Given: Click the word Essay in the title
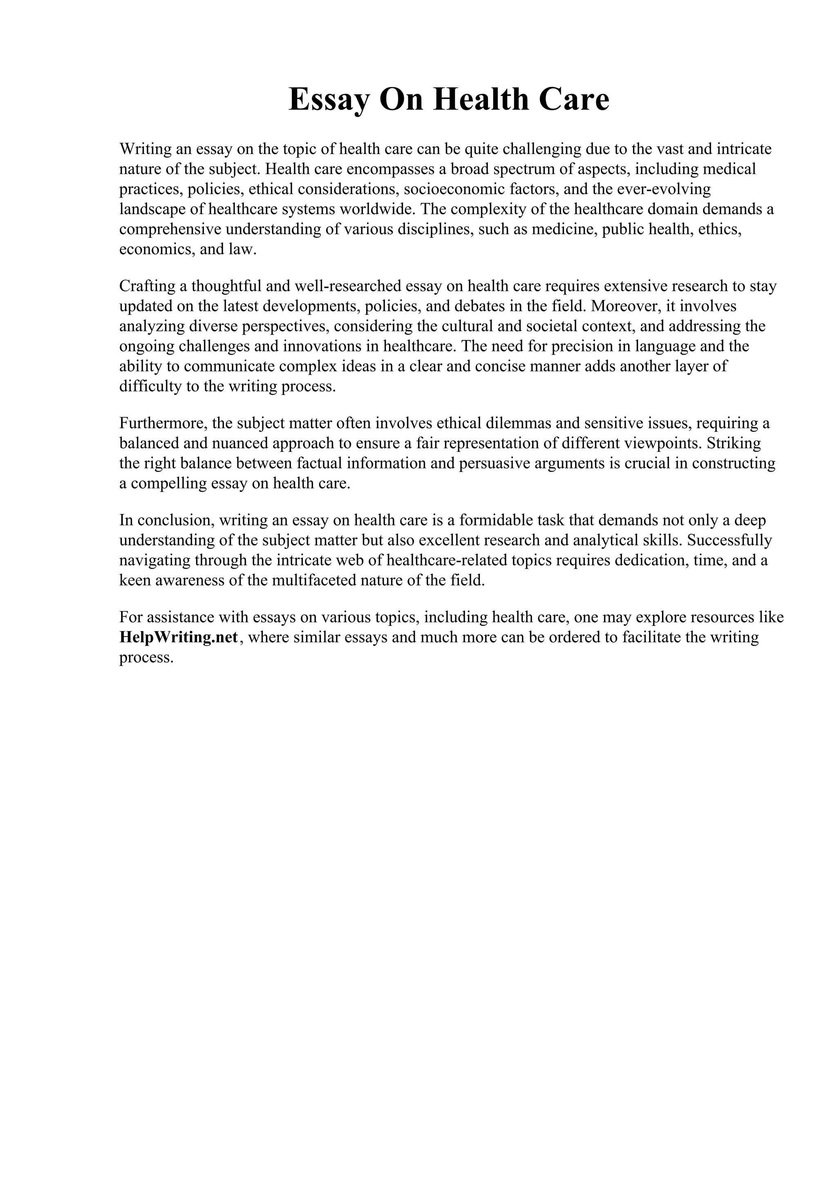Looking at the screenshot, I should point(329,100).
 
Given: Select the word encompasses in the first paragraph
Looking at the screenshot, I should point(390,169).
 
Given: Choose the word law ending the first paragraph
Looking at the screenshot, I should point(246,250).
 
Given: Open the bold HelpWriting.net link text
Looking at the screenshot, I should point(179,638).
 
